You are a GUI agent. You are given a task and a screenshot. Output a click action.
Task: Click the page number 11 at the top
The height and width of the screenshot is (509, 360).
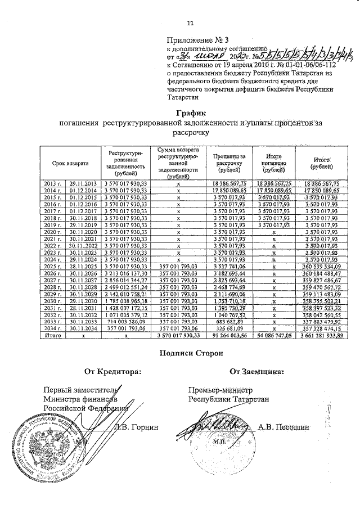190,22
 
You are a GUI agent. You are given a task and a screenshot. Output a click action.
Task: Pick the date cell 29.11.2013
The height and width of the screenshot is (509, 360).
83,183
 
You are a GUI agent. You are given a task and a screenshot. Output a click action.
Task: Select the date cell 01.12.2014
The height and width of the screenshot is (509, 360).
83,191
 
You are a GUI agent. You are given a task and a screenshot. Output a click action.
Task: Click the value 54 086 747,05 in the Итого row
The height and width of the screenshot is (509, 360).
273,335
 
